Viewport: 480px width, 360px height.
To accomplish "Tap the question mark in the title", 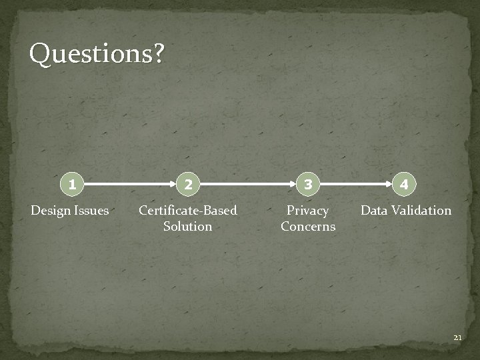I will coord(157,53).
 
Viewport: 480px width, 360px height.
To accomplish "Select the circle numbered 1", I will coord(71,183).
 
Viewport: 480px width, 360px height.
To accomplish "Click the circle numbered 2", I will coord(189,184).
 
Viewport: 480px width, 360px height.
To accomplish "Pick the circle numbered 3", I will coord(307,183).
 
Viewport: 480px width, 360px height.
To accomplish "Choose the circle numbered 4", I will coord(405,183).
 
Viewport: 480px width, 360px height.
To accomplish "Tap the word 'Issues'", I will coord(91,211).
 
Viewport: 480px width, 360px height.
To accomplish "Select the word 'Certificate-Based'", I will coord(187,211).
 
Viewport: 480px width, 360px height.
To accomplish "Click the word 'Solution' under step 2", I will coord(187,227).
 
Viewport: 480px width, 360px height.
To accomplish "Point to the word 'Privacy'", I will coord(307,211).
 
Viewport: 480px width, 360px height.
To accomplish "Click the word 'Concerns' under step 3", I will coord(307,227).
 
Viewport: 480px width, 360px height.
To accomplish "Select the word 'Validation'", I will coord(421,211).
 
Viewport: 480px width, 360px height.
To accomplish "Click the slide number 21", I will coord(457,338).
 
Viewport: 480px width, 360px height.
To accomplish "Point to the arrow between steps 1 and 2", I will coord(130,183).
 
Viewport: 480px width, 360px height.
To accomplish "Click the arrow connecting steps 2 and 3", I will coord(248,183).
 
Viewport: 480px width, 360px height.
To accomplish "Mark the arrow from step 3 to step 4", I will coord(356,183).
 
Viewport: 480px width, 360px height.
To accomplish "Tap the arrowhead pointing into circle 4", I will coord(389,183).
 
